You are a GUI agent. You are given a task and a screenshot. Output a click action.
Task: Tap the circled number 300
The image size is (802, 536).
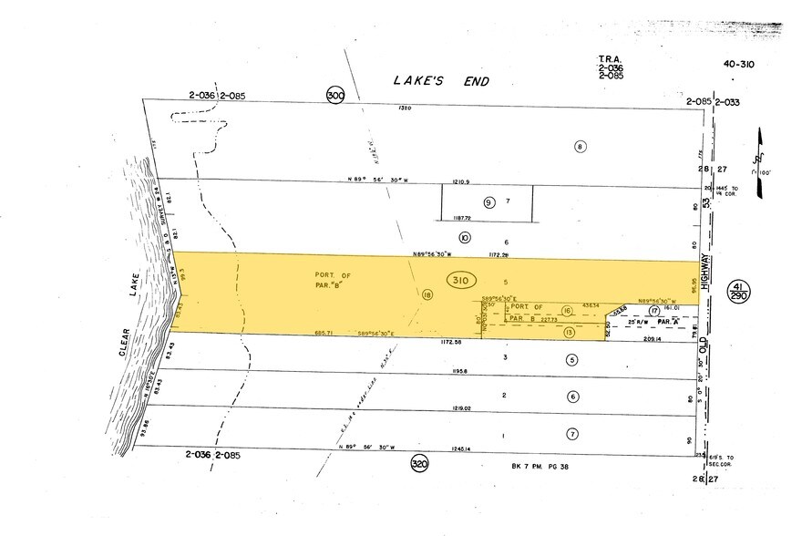tap(334, 95)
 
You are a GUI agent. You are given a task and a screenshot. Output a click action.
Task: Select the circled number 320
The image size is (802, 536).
tap(418, 463)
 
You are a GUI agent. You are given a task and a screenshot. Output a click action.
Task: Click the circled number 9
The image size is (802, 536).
tap(488, 202)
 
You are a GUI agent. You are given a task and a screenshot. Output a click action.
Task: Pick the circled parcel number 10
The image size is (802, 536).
tap(465, 238)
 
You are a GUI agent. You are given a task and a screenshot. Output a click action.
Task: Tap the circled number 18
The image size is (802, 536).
tap(427, 294)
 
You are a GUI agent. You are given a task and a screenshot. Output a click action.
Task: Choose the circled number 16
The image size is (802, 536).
tap(567, 312)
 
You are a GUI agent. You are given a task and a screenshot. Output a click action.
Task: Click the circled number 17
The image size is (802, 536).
tap(653, 312)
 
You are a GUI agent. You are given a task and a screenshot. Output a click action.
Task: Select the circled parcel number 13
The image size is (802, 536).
tap(569, 333)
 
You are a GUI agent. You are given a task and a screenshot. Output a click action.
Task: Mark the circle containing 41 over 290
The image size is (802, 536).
tap(738, 293)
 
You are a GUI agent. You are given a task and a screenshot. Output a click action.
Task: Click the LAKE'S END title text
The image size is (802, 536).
tap(441, 81)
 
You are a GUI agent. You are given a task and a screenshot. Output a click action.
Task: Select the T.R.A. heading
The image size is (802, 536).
tap(610, 57)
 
